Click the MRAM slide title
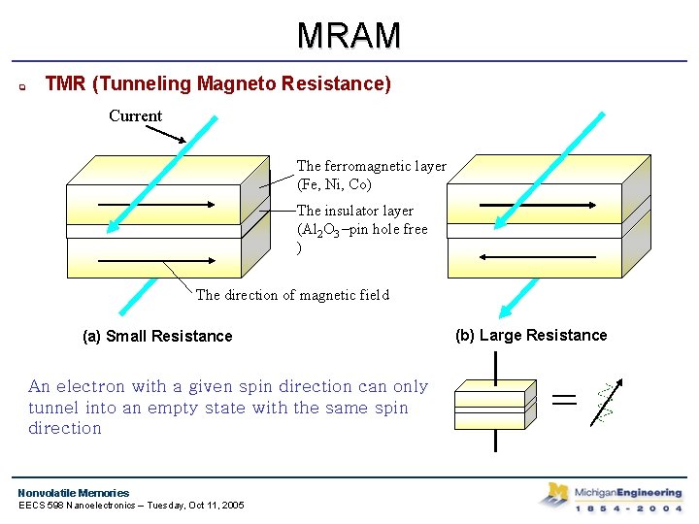coord(349,35)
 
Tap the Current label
coord(135,115)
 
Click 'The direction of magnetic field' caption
coord(292,295)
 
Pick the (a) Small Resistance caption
coord(157,337)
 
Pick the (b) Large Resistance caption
coord(531,336)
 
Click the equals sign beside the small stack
coord(564,399)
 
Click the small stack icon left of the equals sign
coord(495,403)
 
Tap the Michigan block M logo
coord(555,495)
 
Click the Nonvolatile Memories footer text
coord(74,493)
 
